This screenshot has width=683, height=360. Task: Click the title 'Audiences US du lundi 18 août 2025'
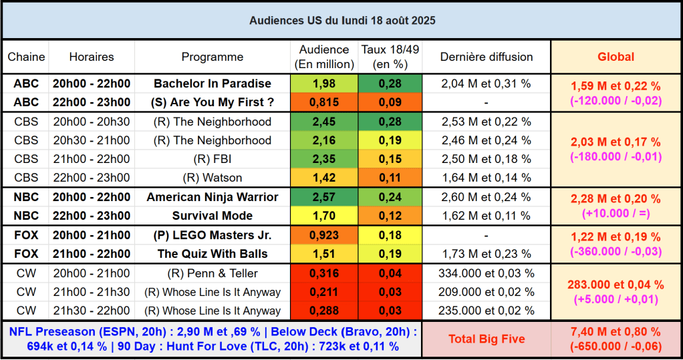(x=342, y=21)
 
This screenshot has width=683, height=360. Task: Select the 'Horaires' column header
(x=92, y=57)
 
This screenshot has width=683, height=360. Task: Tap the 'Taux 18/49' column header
(x=390, y=57)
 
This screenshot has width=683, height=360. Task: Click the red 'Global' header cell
(x=616, y=57)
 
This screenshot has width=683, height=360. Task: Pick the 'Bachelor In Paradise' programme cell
(x=213, y=83)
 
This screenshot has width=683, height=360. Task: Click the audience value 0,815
(x=324, y=102)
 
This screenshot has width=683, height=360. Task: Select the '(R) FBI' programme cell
(x=213, y=159)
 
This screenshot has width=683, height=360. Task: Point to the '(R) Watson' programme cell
(x=213, y=178)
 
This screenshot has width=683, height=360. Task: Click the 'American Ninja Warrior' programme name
(x=213, y=197)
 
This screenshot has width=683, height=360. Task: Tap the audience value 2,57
(x=324, y=197)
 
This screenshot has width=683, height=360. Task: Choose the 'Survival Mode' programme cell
(x=213, y=216)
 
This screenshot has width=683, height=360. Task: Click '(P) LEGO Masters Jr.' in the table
(x=213, y=235)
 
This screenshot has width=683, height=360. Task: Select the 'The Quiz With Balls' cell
(x=213, y=254)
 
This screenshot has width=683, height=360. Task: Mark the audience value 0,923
(x=324, y=235)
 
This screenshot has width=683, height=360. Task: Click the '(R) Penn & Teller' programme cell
(x=213, y=273)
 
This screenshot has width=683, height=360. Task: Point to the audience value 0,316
(x=324, y=273)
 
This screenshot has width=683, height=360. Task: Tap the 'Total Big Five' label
(x=487, y=339)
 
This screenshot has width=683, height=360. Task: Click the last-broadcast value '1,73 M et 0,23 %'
(x=486, y=254)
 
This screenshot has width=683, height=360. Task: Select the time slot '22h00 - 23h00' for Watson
(x=92, y=178)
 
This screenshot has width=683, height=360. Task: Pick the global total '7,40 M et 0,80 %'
(x=616, y=332)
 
